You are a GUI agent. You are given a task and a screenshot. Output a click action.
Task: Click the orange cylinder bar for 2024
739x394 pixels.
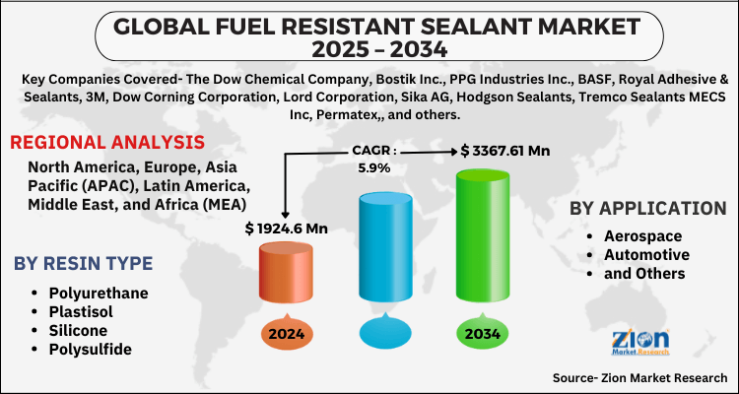point(285,273)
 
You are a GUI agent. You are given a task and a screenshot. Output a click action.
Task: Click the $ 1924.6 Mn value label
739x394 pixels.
point(286,229)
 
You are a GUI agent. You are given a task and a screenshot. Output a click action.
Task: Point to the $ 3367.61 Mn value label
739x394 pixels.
point(506,151)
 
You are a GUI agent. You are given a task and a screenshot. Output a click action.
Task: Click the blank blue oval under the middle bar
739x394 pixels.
point(383,332)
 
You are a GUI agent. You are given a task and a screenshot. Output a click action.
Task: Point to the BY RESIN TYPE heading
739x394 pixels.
point(83,263)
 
